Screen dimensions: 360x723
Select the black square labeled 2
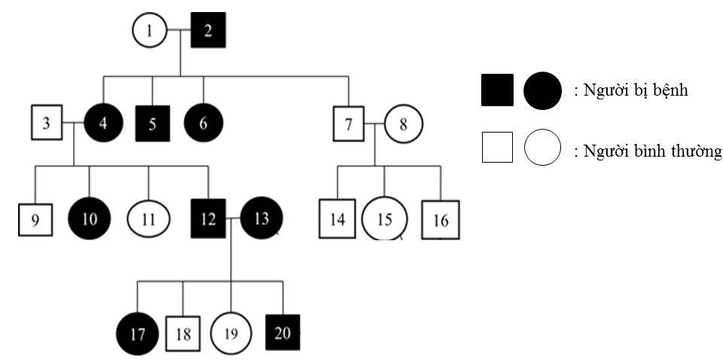[x=209, y=31]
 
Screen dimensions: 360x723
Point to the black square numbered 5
[x=153, y=123]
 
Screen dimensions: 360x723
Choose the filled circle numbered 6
[x=203, y=123]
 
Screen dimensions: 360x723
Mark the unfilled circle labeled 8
[x=403, y=123]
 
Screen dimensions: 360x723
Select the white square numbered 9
[x=35, y=220]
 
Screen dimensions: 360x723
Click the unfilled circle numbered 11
[x=148, y=220]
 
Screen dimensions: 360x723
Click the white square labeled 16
[x=441, y=220]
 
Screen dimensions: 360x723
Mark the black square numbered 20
[x=283, y=332]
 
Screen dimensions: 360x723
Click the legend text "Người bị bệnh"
[x=631, y=91]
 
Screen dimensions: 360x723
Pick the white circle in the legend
[x=542, y=148]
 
